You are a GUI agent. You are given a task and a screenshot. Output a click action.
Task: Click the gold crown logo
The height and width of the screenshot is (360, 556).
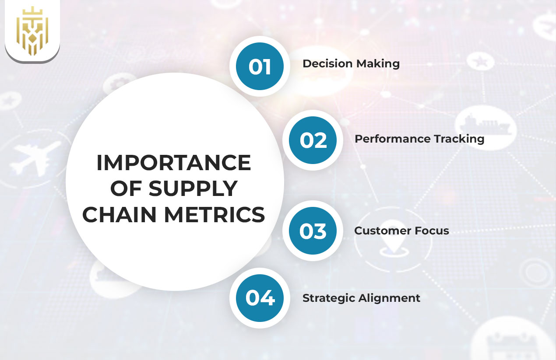(32, 31)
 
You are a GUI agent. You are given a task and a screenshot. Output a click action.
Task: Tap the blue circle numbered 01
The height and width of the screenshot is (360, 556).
(260, 66)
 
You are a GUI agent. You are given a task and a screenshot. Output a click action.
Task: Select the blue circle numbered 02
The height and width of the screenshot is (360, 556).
(313, 140)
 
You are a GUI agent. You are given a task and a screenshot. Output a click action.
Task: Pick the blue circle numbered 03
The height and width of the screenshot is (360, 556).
(313, 231)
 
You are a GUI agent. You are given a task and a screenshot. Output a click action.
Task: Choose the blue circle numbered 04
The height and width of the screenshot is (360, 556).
(260, 298)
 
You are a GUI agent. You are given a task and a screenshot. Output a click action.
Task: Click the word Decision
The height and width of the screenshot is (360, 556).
(327, 63)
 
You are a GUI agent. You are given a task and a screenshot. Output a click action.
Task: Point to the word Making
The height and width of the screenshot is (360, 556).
(378, 64)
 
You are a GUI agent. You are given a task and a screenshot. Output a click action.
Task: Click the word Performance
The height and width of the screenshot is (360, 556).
(392, 139)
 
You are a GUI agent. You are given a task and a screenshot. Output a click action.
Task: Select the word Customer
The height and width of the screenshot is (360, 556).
(382, 231)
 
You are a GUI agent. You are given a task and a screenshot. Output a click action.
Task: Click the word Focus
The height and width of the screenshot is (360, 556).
(432, 231)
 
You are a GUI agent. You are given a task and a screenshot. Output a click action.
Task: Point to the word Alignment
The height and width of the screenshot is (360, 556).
(389, 298)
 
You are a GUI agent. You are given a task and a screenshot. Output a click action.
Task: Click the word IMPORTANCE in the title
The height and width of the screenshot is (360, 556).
(174, 163)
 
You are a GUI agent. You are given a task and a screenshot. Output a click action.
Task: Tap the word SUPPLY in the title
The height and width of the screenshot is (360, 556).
(194, 189)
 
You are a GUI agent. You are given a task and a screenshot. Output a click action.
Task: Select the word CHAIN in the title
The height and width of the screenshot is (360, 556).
(120, 214)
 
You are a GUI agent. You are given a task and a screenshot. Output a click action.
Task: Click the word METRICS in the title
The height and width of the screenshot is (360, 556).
(215, 214)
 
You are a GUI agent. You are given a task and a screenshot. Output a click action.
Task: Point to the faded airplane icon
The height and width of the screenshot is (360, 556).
(35, 158)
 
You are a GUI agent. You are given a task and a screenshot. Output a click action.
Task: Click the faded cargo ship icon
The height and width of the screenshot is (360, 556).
(485, 125)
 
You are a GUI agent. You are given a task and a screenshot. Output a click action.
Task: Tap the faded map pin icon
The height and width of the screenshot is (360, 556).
(394, 237)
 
